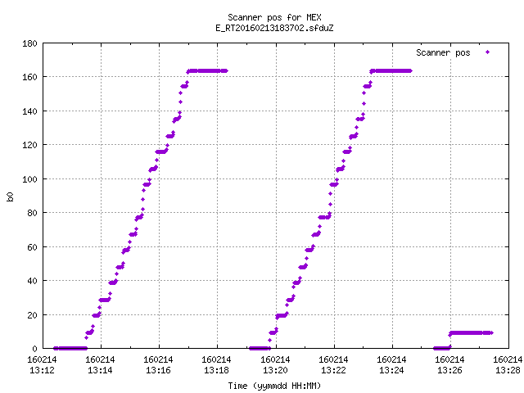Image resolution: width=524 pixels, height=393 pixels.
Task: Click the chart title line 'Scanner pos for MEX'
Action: [x=274, y=17]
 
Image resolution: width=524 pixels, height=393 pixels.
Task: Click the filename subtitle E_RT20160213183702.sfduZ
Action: [x=274, y=28]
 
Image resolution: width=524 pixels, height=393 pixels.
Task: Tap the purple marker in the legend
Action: [x=488, y=52]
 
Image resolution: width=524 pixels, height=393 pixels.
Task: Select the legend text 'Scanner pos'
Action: [x=443, y=52]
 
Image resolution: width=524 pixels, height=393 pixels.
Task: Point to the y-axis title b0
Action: [x=10, y=196]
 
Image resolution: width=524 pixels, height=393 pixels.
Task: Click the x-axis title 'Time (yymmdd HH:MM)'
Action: [x=274, y=386]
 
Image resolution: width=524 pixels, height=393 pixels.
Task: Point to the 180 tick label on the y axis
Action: [x=29, y=43]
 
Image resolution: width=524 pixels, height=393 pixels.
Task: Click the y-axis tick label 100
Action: [x=29, y=179]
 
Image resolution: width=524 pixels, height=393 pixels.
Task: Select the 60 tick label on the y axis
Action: [x=32, y=247]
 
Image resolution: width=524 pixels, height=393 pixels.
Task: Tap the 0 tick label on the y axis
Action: [x=34, y=349]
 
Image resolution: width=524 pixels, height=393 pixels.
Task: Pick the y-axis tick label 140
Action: [x=29, y=111]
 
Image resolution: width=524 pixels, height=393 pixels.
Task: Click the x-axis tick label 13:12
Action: [x=42, y=370]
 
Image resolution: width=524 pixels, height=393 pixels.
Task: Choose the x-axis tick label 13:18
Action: [x=216, y=370]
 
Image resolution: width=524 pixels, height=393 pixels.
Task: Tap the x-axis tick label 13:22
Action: [x=333, y=370]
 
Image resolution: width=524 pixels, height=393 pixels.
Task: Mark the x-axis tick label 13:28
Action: [x=508, y=370]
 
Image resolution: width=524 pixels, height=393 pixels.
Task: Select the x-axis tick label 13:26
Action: [x=449, y=370]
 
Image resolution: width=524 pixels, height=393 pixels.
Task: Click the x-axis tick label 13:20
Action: [x=275, y=370]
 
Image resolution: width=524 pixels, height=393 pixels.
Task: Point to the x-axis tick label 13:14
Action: [x=100, y=370]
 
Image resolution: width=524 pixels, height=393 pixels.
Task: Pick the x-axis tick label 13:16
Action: [x=158, y=370]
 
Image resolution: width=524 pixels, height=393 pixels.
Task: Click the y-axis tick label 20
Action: [x=32, y=314]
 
